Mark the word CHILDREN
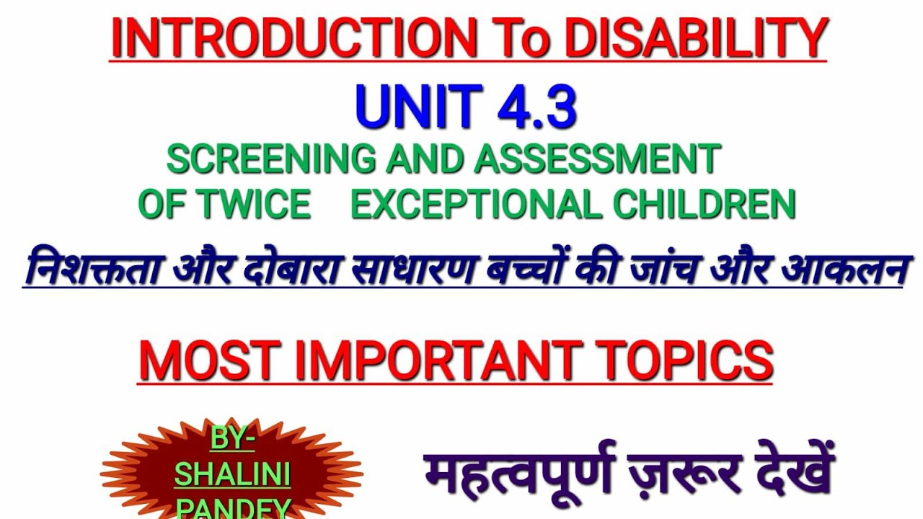704,205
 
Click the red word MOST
209,361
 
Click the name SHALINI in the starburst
232,475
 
